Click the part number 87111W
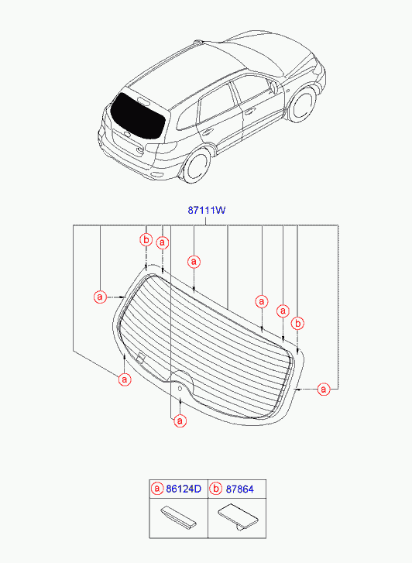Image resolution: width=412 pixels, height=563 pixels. (x=207, y=210)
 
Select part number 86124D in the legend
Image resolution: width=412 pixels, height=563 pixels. (x=184, y=489)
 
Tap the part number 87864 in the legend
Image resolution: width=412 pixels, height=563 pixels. (x=239, y=489)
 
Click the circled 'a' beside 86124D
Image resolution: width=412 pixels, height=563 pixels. (x=157, y=489)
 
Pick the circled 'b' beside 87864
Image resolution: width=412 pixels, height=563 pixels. (x=215, y=489)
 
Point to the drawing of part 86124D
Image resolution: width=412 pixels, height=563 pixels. (x=178, y=517)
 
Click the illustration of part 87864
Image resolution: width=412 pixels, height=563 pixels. (x=238, y=517)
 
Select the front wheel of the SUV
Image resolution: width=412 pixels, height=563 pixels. (x=303, y=105)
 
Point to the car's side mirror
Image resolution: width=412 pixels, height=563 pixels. (x=273, y=88)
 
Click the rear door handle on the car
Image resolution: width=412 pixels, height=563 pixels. (x=208, y=132)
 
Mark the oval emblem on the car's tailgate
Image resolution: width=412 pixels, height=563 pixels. (x=128, y=135)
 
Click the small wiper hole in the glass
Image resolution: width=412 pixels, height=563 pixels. (x=180, y=388)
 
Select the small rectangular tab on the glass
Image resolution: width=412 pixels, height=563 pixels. (x=140, y=358)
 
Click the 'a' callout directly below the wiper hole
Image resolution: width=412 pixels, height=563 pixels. (x=180, y=421)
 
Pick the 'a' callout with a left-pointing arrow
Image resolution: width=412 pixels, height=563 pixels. (x=324, y=389)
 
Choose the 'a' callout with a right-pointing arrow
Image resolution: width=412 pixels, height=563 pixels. (x=100, y=297)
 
